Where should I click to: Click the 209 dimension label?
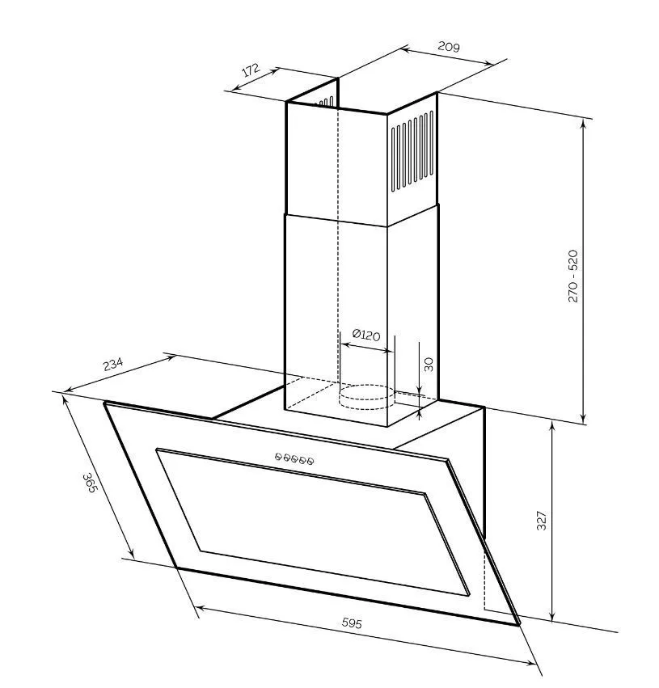449,47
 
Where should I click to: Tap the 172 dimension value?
251,70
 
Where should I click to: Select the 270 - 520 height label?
573,276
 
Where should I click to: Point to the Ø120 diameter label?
366,335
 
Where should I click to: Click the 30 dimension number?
429,365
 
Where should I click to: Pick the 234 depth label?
112,364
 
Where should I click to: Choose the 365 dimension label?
89,482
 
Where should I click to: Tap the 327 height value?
542,521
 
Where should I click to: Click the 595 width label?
352,623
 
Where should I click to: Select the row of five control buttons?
294,459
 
